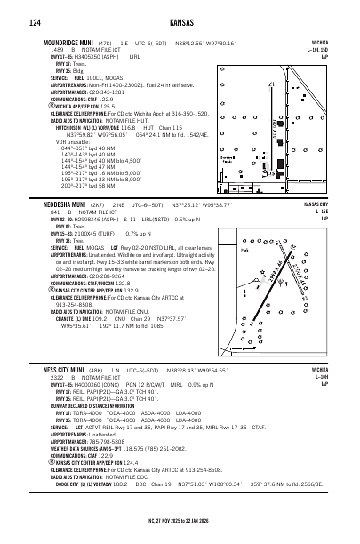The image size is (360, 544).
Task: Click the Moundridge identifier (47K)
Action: click(105, 43)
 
